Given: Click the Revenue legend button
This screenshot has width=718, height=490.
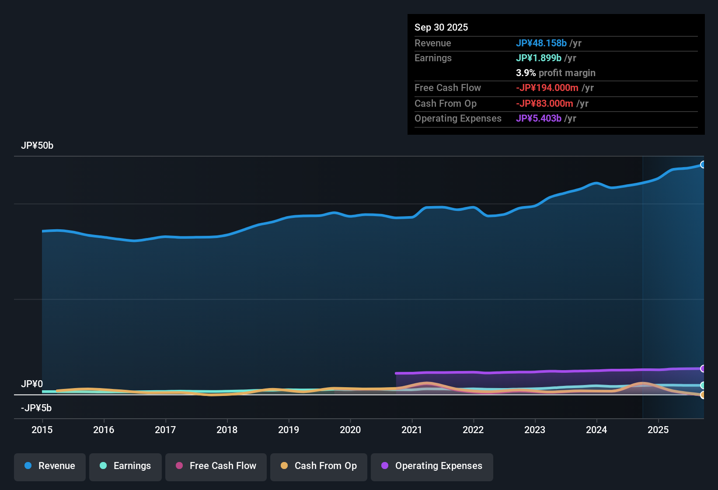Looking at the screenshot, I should pos(50,466).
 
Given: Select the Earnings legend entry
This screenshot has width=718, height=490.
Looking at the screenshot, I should pos(125,466).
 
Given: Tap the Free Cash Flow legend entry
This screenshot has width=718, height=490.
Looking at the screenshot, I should pos(216,466).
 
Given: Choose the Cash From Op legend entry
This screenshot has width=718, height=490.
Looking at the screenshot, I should pos(319,466).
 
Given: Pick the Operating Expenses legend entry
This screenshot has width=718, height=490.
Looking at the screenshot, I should pos(432,466).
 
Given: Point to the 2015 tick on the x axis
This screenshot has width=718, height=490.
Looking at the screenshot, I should pos(42,430).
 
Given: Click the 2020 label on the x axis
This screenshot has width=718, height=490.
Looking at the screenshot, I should pos(350,430).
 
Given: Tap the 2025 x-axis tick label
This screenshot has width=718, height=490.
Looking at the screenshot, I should pos(658,430).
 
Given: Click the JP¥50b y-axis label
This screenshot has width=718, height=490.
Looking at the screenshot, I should pos(37,146).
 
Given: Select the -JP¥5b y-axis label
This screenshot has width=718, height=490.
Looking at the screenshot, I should pos(36,408).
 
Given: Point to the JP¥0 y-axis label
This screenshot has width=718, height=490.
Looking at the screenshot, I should pos(32,384).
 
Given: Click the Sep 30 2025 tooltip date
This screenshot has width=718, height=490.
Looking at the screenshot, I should pos(441,27).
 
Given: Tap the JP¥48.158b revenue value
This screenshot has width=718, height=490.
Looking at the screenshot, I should pos(541,43).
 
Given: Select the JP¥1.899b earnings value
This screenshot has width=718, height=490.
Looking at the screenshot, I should pos(539,58).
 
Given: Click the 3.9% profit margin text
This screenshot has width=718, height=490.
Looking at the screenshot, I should pos(555,73).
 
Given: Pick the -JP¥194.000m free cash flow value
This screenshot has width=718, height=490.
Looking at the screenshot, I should pos(547,87).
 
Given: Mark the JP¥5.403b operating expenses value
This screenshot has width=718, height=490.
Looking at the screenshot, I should pos(539,118).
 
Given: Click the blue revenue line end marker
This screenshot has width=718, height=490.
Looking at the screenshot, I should pos(703,164).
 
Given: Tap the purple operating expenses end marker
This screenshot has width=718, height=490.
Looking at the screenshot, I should pos(703,368).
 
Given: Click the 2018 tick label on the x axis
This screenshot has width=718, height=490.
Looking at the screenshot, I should pos(227,430).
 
